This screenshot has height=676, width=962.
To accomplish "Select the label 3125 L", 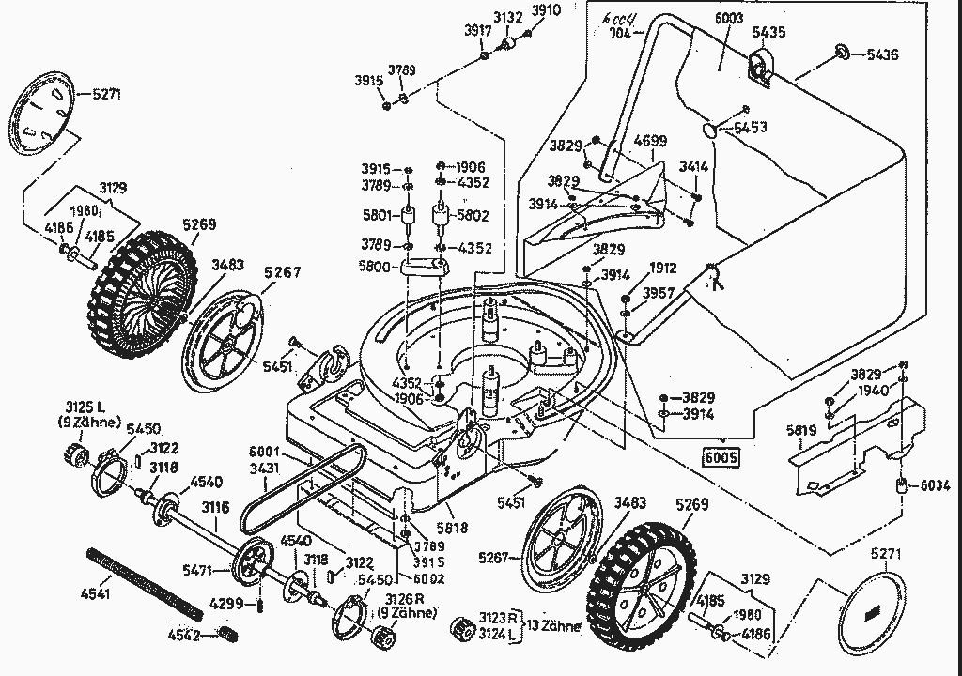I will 87,407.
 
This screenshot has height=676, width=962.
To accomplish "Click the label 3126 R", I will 400,600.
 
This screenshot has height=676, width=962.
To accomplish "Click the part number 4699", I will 649,142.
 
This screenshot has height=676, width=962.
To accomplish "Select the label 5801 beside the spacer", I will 378,215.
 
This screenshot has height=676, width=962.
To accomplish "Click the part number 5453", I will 750,127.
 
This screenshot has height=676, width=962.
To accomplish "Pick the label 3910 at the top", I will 545,11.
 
